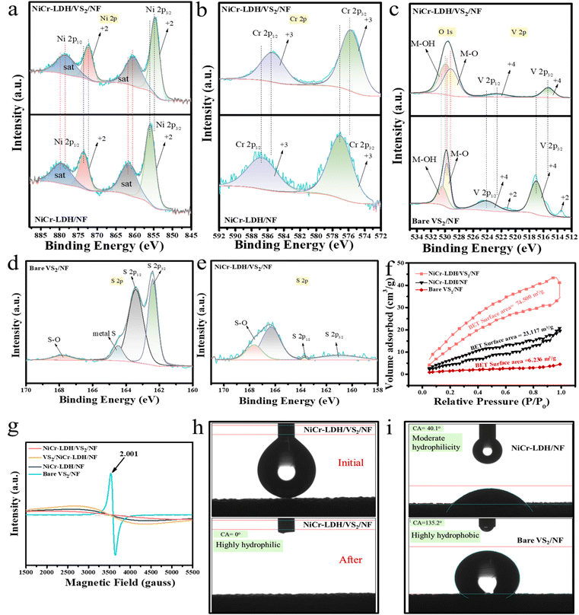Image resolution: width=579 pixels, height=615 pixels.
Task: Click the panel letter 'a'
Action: coord(9,9)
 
